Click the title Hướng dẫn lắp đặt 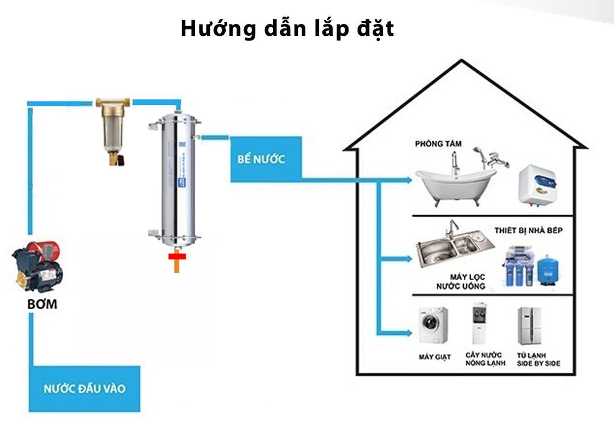[x=287, y=28]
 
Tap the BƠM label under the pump [x=43, y=304]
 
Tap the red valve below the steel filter [x=177, y=257]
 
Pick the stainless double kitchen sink [x=451, y=248]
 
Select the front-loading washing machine [x=433, y=326]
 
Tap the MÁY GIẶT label [x=434, y=357]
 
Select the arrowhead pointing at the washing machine [x=411, y=332]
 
